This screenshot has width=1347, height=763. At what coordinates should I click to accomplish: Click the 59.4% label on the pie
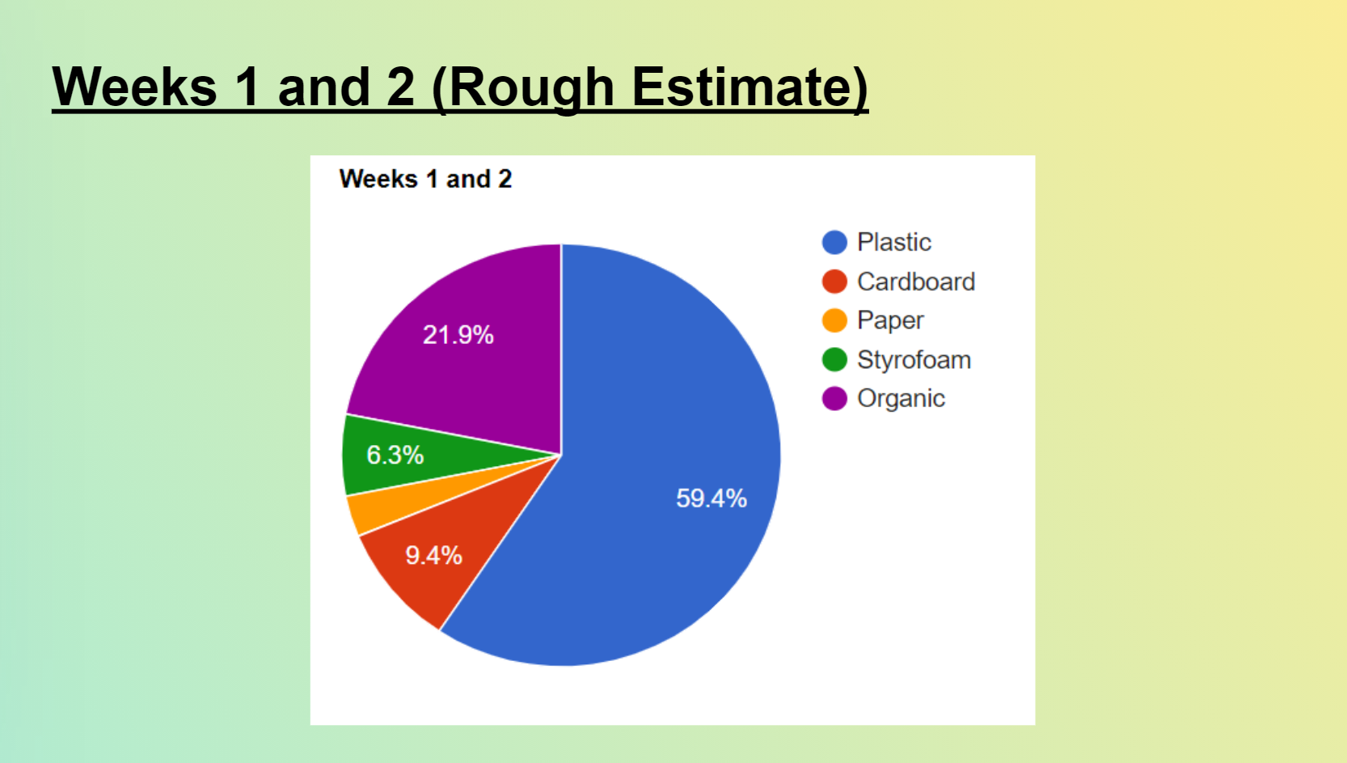pyautogui.click(x=712, y=498)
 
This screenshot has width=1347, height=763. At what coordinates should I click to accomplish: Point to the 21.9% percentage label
pyautogui.click(x=458, y=334)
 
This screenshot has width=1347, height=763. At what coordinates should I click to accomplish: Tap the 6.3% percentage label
pyautogui.click(x=395, y=455)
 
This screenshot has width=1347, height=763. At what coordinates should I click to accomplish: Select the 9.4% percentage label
pyautogui.click(x=433, y=555)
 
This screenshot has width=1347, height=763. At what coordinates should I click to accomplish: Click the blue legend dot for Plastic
pyautogui.click(x=834, y=242)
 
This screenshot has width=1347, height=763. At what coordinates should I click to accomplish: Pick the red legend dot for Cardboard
pyautogui.click(x=834, y=281)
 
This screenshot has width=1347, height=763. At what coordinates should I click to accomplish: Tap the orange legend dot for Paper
pyautogui.click(x=834, y=320)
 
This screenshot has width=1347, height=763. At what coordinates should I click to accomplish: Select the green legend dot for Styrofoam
pyautogui.click(x=834, y=359)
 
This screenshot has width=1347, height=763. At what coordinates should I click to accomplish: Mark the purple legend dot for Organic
pyautogui.click(x=834, y=398)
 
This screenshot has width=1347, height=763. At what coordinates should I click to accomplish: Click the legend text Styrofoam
pyautogui.click(x=914, y=360)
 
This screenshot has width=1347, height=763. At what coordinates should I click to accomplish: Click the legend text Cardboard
pyautogui.click(x=916, y=282)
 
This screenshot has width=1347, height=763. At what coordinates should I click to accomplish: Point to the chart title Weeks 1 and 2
pyautogui.click(x=426, y=179)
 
